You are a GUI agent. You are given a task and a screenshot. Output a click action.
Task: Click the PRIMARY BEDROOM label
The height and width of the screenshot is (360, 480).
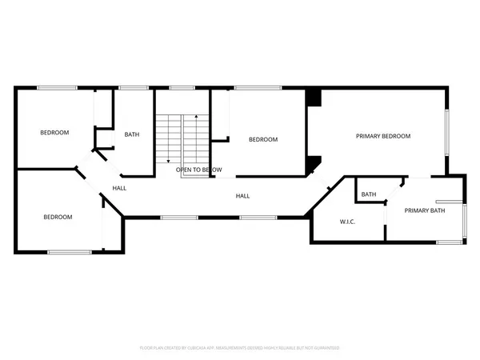(x=382, y=137)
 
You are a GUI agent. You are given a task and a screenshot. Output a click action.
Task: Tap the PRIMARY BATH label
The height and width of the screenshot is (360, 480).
(x=424, y=210)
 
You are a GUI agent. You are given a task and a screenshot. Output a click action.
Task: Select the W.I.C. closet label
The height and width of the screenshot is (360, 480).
(x=347, y=222)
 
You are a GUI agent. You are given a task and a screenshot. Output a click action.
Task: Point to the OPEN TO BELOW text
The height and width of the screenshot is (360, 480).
(x=199, y=170)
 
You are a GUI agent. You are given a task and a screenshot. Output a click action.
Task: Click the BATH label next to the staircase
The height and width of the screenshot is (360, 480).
(x=132, y=134)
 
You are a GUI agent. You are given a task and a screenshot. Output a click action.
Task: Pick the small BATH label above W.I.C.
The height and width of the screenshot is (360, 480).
(x=369, y=194)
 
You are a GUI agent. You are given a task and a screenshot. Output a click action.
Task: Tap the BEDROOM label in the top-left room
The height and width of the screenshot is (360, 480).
(x=55, y=133)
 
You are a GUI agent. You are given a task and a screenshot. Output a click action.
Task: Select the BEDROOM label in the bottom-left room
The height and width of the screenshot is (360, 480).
(x=58, y=217)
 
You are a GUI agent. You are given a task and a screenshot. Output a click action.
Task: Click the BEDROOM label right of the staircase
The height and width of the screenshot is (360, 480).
(x=263, y=140)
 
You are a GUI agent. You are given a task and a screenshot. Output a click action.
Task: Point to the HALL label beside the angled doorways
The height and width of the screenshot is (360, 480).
(x=119, y=188)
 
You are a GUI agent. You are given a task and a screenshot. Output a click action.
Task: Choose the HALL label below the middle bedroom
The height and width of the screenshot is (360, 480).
(x=242, y=195)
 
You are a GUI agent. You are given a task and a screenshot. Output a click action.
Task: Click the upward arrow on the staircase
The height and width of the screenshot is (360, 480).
(x=195, y=120)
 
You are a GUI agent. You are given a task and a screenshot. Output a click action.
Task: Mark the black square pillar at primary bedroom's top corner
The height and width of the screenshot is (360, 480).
(x=314, y=98)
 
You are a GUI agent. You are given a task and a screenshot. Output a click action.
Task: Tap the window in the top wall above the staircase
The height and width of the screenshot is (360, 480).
(x=182, y=87)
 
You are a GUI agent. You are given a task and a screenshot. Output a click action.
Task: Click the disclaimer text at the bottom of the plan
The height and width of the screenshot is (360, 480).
(x=240, y=348)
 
